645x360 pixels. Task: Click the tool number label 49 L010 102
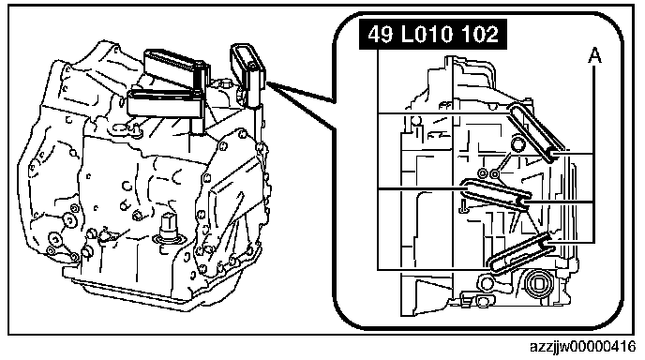(433, 34)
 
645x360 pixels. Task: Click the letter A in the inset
(593, 55)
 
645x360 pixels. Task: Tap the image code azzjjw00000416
(582, 347)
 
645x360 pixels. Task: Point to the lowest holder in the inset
(520, 252)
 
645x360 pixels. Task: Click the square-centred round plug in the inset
(538, 284)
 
